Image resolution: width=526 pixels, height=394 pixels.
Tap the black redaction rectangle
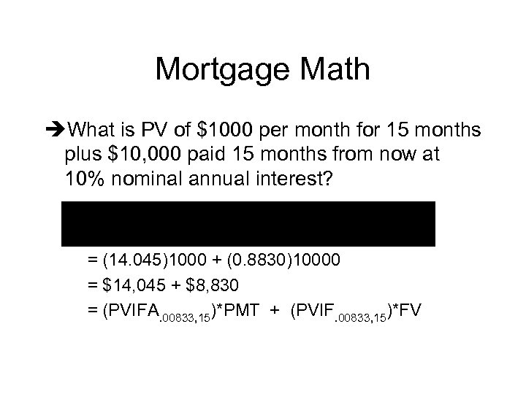point(248,223)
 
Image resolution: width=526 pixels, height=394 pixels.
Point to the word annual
point(217,179)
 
